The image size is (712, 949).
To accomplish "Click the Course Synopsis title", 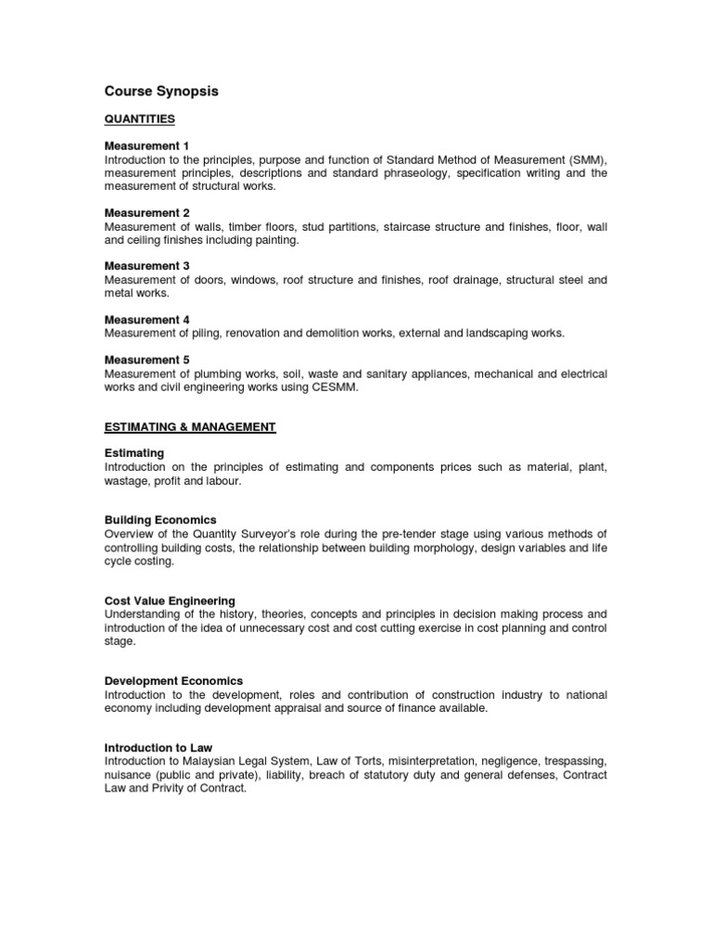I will click(160, 92).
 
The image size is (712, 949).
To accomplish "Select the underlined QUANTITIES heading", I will click(140, 120).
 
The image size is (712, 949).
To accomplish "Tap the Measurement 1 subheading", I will click(146, 146).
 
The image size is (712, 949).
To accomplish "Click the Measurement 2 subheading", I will click(146, 213).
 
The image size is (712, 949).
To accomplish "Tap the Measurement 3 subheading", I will click(146, 266).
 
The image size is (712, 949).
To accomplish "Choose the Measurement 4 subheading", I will click(146, 320).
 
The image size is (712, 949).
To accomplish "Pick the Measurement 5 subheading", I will click(146, 361).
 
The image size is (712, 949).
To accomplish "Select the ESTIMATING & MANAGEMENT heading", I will click(190, 426).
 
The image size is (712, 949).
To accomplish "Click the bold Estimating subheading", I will click(134, 453).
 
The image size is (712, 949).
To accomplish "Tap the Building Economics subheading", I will click(160, 520).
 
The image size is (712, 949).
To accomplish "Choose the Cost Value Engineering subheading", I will click(170, 601).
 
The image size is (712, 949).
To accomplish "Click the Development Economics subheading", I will click(173, 680).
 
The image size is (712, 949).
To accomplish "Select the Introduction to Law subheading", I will click(159, 747).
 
